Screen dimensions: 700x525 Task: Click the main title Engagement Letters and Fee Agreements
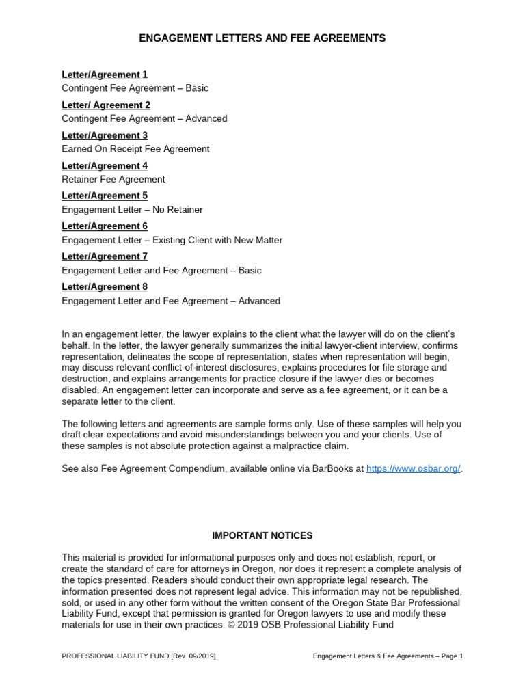(x=262, y=38)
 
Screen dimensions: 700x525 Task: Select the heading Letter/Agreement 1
(x=105, y=75)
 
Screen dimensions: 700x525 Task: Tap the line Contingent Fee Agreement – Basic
(x=135, y=88)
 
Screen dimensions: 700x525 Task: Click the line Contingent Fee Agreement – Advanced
(x=144, y=118)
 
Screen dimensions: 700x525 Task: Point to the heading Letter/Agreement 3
(x=105, y=135)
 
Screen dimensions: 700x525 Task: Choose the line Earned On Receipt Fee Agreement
(x=135, y=148)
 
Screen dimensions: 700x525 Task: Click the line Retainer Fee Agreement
(x=113, y=179)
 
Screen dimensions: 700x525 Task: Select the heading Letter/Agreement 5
(x=105, y=196)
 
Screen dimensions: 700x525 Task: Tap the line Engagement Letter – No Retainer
(x=132, y=209)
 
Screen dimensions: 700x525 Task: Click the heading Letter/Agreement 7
(x=105, y=256)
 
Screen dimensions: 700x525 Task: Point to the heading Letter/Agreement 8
(x=105, y=286)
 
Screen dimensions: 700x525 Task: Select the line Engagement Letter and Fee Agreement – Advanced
(x=171, y=301)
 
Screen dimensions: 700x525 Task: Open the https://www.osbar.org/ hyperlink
(x=414, y=469)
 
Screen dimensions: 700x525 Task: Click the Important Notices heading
(x=262, y=535)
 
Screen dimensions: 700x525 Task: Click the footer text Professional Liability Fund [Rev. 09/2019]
(x=139, y=656)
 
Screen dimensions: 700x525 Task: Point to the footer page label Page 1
(x=449, y=656)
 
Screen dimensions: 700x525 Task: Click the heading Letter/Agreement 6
(x=105, y=226)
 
